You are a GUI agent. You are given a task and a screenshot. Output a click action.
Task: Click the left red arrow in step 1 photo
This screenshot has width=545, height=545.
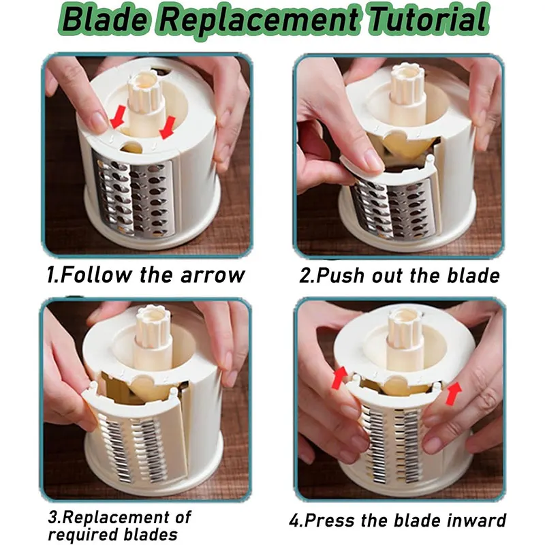[117, 116]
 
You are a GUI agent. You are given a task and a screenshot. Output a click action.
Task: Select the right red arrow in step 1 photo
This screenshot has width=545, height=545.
[168, 127]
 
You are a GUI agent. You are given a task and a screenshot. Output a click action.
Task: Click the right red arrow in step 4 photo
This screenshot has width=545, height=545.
[454, 393]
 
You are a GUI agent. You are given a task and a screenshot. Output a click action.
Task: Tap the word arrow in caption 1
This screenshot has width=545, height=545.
[213, 275]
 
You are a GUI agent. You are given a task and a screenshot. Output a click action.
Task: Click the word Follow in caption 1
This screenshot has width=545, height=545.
[96, 275]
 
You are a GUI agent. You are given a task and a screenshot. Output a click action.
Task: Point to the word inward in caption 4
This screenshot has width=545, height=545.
[476, 520]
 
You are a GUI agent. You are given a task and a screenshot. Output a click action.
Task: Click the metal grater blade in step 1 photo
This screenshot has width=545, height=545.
[134, 198]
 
